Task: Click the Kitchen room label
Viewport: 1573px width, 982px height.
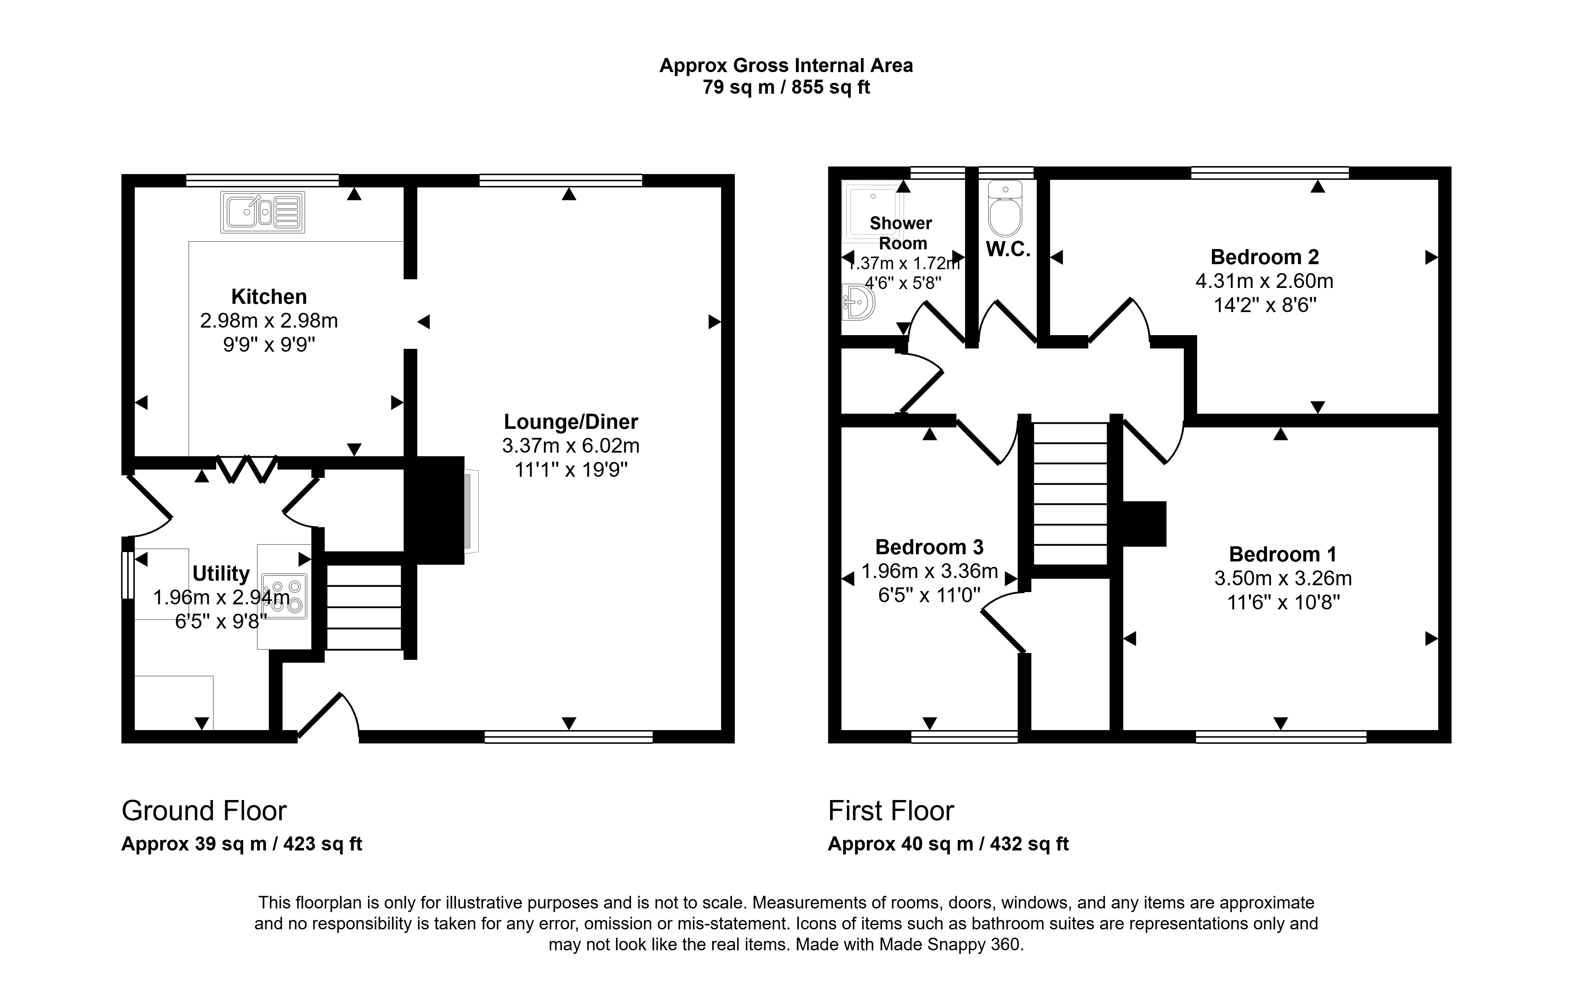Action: (269, 297)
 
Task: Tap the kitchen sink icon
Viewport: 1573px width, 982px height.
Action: (262, 212)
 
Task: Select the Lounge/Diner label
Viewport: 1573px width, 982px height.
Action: (571, 422)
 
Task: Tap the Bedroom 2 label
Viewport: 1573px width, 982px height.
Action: (1265, 257)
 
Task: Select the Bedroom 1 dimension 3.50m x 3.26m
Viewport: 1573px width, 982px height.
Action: (1283, 578)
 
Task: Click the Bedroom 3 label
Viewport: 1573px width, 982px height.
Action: (929, 547)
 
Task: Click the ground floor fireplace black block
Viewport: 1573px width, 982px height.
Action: (434, 510)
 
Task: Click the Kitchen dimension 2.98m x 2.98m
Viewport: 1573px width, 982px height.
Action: (269, 321)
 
